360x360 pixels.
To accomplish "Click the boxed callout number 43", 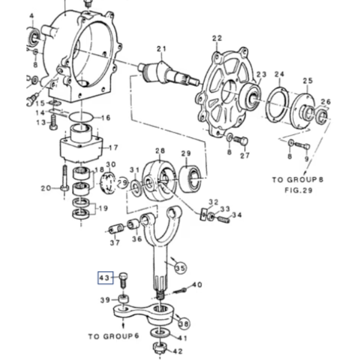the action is click(106, 278).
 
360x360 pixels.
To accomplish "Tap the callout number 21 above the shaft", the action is click(161, 49).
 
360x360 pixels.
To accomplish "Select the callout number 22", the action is click(217, 38).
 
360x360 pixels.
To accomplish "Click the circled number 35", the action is click(181, 268).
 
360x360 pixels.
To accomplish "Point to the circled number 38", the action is click(184, 324).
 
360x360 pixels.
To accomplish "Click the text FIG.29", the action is click(298, 190).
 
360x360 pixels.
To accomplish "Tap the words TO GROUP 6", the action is click(114, 337).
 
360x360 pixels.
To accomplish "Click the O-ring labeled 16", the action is click(81, 118).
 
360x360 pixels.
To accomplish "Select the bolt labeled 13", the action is click(53, 122).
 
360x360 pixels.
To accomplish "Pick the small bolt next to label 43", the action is click(124, 280).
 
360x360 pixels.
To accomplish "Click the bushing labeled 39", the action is click(124, 300).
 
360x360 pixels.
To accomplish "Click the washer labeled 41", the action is click(160, 332).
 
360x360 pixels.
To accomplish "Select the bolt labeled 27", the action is click(241, 140).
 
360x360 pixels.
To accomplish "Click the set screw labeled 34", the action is click(223, 220).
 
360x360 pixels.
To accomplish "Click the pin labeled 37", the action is click(116, 229).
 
